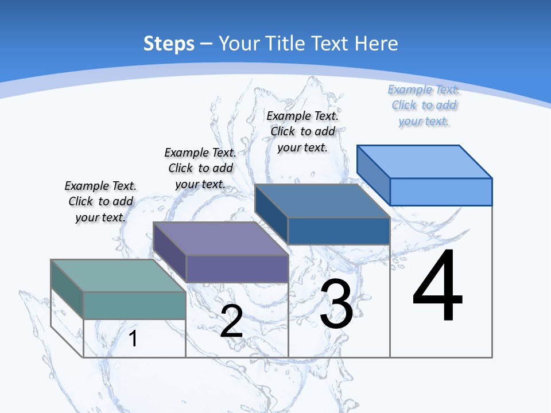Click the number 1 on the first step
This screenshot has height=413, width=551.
point(133,338)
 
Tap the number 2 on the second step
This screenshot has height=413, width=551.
point(231,321)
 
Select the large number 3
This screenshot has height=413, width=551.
point(336,304)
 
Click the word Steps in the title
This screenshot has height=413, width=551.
point(169,44)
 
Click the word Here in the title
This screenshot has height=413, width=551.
point(377,44)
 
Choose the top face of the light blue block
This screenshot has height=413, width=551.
point(424,161)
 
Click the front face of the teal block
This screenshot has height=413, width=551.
point(134,305)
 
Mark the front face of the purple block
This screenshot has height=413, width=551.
point(236,268)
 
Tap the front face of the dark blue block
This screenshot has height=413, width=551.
point(339,231)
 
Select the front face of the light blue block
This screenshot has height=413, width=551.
point(441,192)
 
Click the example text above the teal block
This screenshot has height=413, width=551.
point(100,201)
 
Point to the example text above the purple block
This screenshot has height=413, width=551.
point(200,168)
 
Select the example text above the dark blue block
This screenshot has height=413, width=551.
point(302,131)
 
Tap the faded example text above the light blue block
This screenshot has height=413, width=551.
point(424,105)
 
